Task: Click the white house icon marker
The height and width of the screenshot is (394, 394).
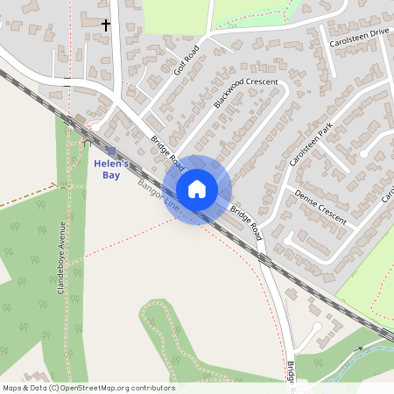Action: click(x=197, y=189)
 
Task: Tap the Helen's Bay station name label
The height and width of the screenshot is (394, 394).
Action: click(x=112, y=169)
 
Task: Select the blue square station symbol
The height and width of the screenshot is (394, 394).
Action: click(x=111, y=151)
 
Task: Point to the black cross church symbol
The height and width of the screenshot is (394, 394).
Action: click(x=107, y=25)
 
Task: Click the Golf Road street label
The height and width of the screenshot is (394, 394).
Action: click(x=186, y=59)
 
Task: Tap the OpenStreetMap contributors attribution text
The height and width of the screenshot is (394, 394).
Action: click(x=88, y=388)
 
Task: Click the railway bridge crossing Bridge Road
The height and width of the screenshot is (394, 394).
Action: click(x=264, y=259)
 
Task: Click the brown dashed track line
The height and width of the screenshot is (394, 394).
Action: click(x=26, y=196)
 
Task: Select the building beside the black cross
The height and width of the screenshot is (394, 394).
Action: click(x=89, y=19)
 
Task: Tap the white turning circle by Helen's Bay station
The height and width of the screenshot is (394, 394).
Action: click(x=86, y=141)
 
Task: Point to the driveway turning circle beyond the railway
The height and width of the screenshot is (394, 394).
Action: click(x=317, y=327)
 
